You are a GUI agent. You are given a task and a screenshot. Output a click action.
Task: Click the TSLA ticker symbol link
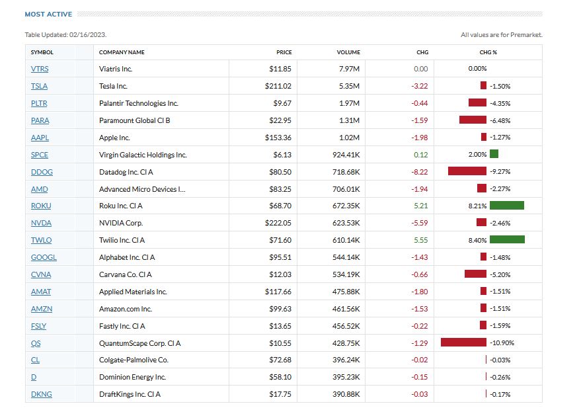tap(39, 86)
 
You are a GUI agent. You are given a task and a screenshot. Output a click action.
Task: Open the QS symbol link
tap(36, 343)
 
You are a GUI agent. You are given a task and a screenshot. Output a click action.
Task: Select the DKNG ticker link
tap(41, 394)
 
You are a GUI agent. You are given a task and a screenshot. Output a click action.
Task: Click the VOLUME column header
tap(348, 52)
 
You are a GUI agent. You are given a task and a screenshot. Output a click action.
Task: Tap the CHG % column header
tap(488, 52)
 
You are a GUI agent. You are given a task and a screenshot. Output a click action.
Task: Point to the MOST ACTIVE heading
tap(48, 14)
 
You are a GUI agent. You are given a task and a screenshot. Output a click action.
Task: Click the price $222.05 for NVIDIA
tap(278, 223)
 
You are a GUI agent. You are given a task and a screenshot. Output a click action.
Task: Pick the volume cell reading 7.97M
tap(349, 69)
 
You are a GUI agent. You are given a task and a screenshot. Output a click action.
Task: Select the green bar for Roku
tap(507, 206)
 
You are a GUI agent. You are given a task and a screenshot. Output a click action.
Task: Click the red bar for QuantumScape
tap(463, 343)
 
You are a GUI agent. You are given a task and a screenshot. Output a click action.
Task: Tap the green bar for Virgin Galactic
tap(494, 154)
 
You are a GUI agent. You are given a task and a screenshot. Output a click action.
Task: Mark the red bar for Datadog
tap(467, 171)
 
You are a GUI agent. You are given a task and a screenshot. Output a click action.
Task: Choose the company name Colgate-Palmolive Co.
tap(134, 360)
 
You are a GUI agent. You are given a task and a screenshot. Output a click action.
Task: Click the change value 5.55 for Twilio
tap(420, 240)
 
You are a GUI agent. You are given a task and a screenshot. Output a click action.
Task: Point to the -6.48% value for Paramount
tap(500, 120)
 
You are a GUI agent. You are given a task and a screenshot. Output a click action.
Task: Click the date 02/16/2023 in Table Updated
tap(87, 35)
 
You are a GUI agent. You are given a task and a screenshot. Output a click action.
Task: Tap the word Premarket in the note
tap(527, 35)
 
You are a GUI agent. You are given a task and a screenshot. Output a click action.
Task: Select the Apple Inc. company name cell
tap(114, 138)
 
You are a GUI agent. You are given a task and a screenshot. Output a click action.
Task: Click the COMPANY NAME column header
tap(122, 52)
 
